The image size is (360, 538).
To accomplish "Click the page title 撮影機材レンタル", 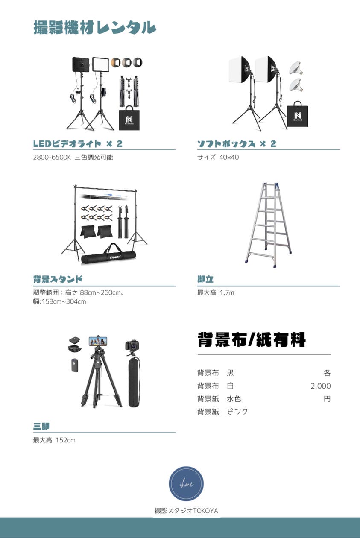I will point(94,27).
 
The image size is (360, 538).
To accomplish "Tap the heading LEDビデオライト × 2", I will point(78,143).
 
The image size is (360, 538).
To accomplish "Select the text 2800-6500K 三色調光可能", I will point(73,157).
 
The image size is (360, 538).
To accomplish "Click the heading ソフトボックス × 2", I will point(237,143).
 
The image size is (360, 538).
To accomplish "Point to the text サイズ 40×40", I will point(218,157).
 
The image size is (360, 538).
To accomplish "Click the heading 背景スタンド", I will point(58,279).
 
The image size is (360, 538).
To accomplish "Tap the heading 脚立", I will point(205,279).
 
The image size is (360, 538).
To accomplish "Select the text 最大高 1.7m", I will point(215,292).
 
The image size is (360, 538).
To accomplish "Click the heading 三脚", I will point(41,426).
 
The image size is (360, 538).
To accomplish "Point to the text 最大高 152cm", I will point(54,440).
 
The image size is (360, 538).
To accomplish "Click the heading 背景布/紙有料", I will point(252,340).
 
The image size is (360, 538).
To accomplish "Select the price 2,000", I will point(320,386).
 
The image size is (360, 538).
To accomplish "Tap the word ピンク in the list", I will point(237,412).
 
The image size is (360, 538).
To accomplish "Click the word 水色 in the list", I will point(234,399).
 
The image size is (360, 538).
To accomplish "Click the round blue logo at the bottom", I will point(186,483).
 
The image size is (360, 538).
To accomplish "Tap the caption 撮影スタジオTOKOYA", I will point(186,511).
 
